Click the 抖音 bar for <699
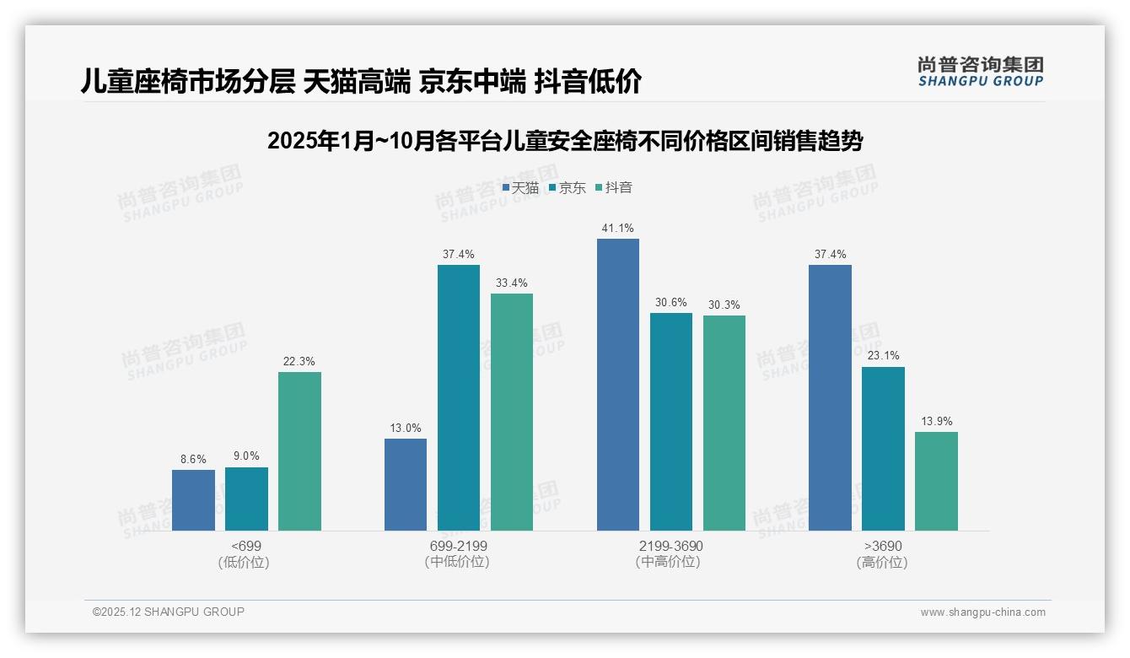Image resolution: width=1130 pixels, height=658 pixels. tap(299, 451)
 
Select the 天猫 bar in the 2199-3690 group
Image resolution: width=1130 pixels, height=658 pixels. tap(617, 385)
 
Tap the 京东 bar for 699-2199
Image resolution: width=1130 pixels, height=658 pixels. tap(458, 397)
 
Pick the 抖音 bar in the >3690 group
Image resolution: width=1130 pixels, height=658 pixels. tap(936, 481)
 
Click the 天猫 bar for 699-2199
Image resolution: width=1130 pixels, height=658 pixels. tap(405, 484)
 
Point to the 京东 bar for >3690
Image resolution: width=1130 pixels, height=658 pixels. tap(883, 449)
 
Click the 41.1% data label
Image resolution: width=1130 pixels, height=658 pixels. tap(617, 228)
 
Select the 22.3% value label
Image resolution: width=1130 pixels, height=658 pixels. tap(299, 361)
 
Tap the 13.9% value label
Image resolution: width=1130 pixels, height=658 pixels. tap(936, 421)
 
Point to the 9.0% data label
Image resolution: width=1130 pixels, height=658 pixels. tap(246, 456)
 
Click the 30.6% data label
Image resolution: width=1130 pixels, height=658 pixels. tap(670, 302)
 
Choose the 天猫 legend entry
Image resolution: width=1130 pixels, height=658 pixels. tap(520, 187)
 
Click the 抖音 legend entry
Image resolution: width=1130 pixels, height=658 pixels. tap(614, 187)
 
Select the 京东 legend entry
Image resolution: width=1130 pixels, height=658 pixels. tap(568, 187)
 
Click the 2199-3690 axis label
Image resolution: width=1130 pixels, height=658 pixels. tap(670, 546)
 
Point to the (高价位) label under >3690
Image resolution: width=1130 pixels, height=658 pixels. tap(882, 562)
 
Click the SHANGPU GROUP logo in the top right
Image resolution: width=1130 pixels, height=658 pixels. tap(980, 71)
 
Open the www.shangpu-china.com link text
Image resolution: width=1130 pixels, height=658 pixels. tap(982, 612)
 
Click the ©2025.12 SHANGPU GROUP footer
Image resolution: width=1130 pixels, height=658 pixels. tap(169, 612)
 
